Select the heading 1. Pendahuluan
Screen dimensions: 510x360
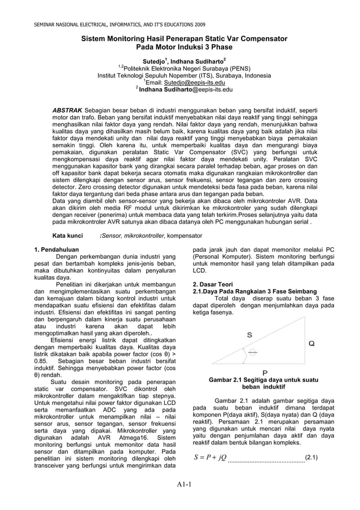coord(56,249)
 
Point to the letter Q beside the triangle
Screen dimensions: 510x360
coord(311,343)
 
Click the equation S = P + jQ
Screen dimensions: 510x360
coord(210,456)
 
